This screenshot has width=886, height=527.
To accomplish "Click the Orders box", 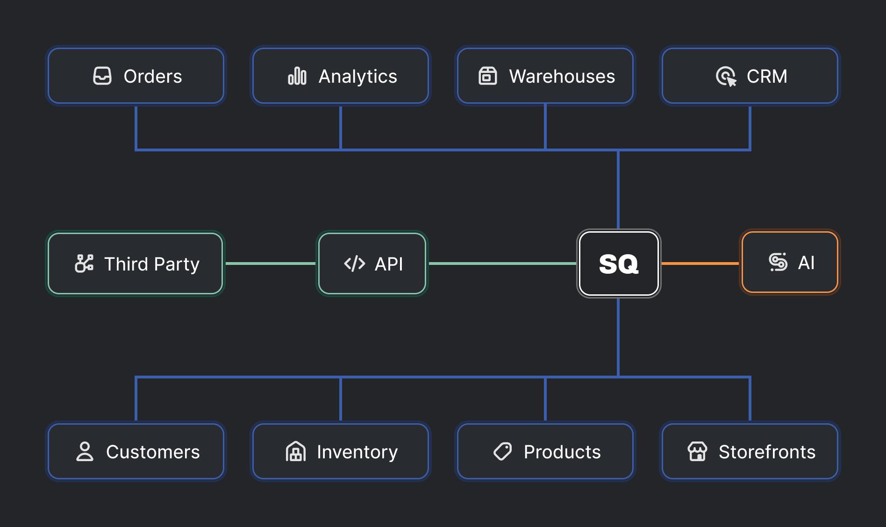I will coord(136,76).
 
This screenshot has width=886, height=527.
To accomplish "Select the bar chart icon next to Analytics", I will coord(297,76).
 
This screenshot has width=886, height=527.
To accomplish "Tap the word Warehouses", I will coord(562,76).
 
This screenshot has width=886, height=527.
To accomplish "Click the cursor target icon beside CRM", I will coord(726,76).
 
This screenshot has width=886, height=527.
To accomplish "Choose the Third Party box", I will coord(136,263).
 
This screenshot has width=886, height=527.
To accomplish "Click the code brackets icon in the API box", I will coord(354,263).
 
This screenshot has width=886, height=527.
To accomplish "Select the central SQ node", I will coord(618,263).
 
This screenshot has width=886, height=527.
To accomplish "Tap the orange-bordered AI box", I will coord(790,263).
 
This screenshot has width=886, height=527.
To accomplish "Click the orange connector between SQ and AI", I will coord(700,263).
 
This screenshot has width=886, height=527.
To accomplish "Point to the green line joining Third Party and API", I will coord(270,263).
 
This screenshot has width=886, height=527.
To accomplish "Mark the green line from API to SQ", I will coord(502,263).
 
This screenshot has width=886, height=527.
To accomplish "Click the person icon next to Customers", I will coord(85,451).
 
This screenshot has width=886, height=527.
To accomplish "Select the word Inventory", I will coord(357,452).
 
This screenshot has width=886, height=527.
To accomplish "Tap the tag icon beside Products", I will coord(503,451).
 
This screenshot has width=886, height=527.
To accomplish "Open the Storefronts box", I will coord(750,451).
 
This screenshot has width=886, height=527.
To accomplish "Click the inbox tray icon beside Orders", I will coord(102,76).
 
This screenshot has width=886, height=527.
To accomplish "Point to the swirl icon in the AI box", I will coord(778,262).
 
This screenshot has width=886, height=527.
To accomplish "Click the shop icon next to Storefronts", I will coord(697,451).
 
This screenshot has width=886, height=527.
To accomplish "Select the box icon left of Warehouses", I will coord(487,76).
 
